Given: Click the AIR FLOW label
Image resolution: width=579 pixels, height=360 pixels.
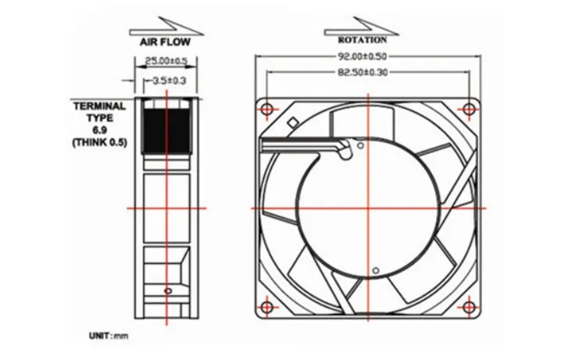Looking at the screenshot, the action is [165, 42].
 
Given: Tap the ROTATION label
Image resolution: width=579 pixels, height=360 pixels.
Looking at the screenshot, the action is [363, 40].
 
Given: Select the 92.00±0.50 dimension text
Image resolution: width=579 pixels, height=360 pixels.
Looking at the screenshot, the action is [363, 56].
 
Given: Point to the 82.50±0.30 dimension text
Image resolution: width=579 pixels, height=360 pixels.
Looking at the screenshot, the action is [363, 73].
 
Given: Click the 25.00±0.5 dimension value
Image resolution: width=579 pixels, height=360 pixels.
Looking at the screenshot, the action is [166, 60].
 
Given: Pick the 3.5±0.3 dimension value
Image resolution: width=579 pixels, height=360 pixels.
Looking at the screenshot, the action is [169, 80].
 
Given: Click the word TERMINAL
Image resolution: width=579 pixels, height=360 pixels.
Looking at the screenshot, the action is [100, 106].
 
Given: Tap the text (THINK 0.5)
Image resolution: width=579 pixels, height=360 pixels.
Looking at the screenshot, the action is [100, 142].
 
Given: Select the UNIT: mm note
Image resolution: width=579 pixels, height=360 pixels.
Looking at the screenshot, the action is [109, 336].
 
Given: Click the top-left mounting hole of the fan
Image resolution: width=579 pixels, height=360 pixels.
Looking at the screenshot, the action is [267, 109].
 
